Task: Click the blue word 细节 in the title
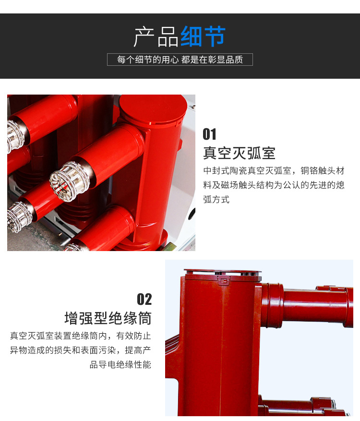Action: (x=203, y=36)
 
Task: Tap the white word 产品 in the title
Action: (x=156, y=37)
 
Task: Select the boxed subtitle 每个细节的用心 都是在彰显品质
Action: (x=180, y=60)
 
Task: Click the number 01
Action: (x=209, y=134)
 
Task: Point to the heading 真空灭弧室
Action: (x=239, y=153)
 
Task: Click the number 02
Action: (x=144, y=299)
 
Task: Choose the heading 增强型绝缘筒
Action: (x=108, y=318)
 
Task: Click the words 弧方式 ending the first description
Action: (x=216, y=200)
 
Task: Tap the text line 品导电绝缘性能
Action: (x=120, y=365)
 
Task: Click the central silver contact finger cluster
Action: (x=69, y=181)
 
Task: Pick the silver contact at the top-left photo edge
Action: (x=15, y=136)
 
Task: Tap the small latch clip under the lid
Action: (x=224, y=280)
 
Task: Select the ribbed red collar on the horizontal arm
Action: (x=273, y=305)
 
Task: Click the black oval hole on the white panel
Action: (x=192, y=214)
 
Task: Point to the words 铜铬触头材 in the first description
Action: (x=323, y=170)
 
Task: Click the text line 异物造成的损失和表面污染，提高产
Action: (x=81, y=350)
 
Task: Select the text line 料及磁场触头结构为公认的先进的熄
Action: (x=274, y=185)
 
